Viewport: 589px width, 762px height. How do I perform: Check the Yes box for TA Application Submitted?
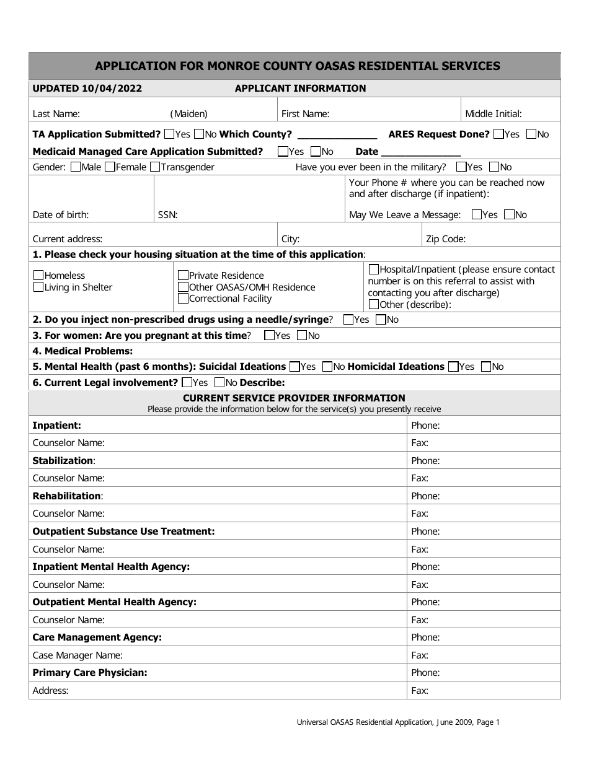click(x=169, y=134)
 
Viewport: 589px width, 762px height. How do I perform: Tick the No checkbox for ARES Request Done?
click(x=531, y=134)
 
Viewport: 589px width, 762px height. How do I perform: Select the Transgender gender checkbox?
click(x=155, y=167)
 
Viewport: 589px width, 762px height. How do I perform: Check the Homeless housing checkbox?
click(x=38, y=275)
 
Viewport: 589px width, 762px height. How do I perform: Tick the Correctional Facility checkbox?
click(x=183, y=299)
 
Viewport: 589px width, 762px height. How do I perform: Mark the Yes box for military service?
click(x=461, y=167)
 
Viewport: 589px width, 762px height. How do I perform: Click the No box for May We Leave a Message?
click(x=509, y=215)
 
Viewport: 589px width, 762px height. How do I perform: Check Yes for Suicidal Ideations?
click(x=294, y=366)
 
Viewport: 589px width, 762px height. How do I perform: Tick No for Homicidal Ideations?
click(x=486, y=366)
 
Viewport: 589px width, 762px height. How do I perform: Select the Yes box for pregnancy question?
click(x=269, y=335)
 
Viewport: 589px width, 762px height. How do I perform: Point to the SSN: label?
click(x=168, y=215)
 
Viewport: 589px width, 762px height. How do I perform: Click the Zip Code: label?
click(x=445, y=239)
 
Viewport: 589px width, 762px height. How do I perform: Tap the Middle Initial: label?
click(x=494, y=114)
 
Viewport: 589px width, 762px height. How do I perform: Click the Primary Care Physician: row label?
click(x=90, y=673)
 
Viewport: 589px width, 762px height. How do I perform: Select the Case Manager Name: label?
click(x=77, y=655)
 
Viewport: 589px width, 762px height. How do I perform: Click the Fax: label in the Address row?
click(x=420, y=691)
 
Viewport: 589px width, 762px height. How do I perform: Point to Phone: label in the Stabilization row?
click(x=425, y=461)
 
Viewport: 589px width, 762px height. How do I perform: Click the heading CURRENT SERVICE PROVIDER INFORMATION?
click(x=294, y=398)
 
